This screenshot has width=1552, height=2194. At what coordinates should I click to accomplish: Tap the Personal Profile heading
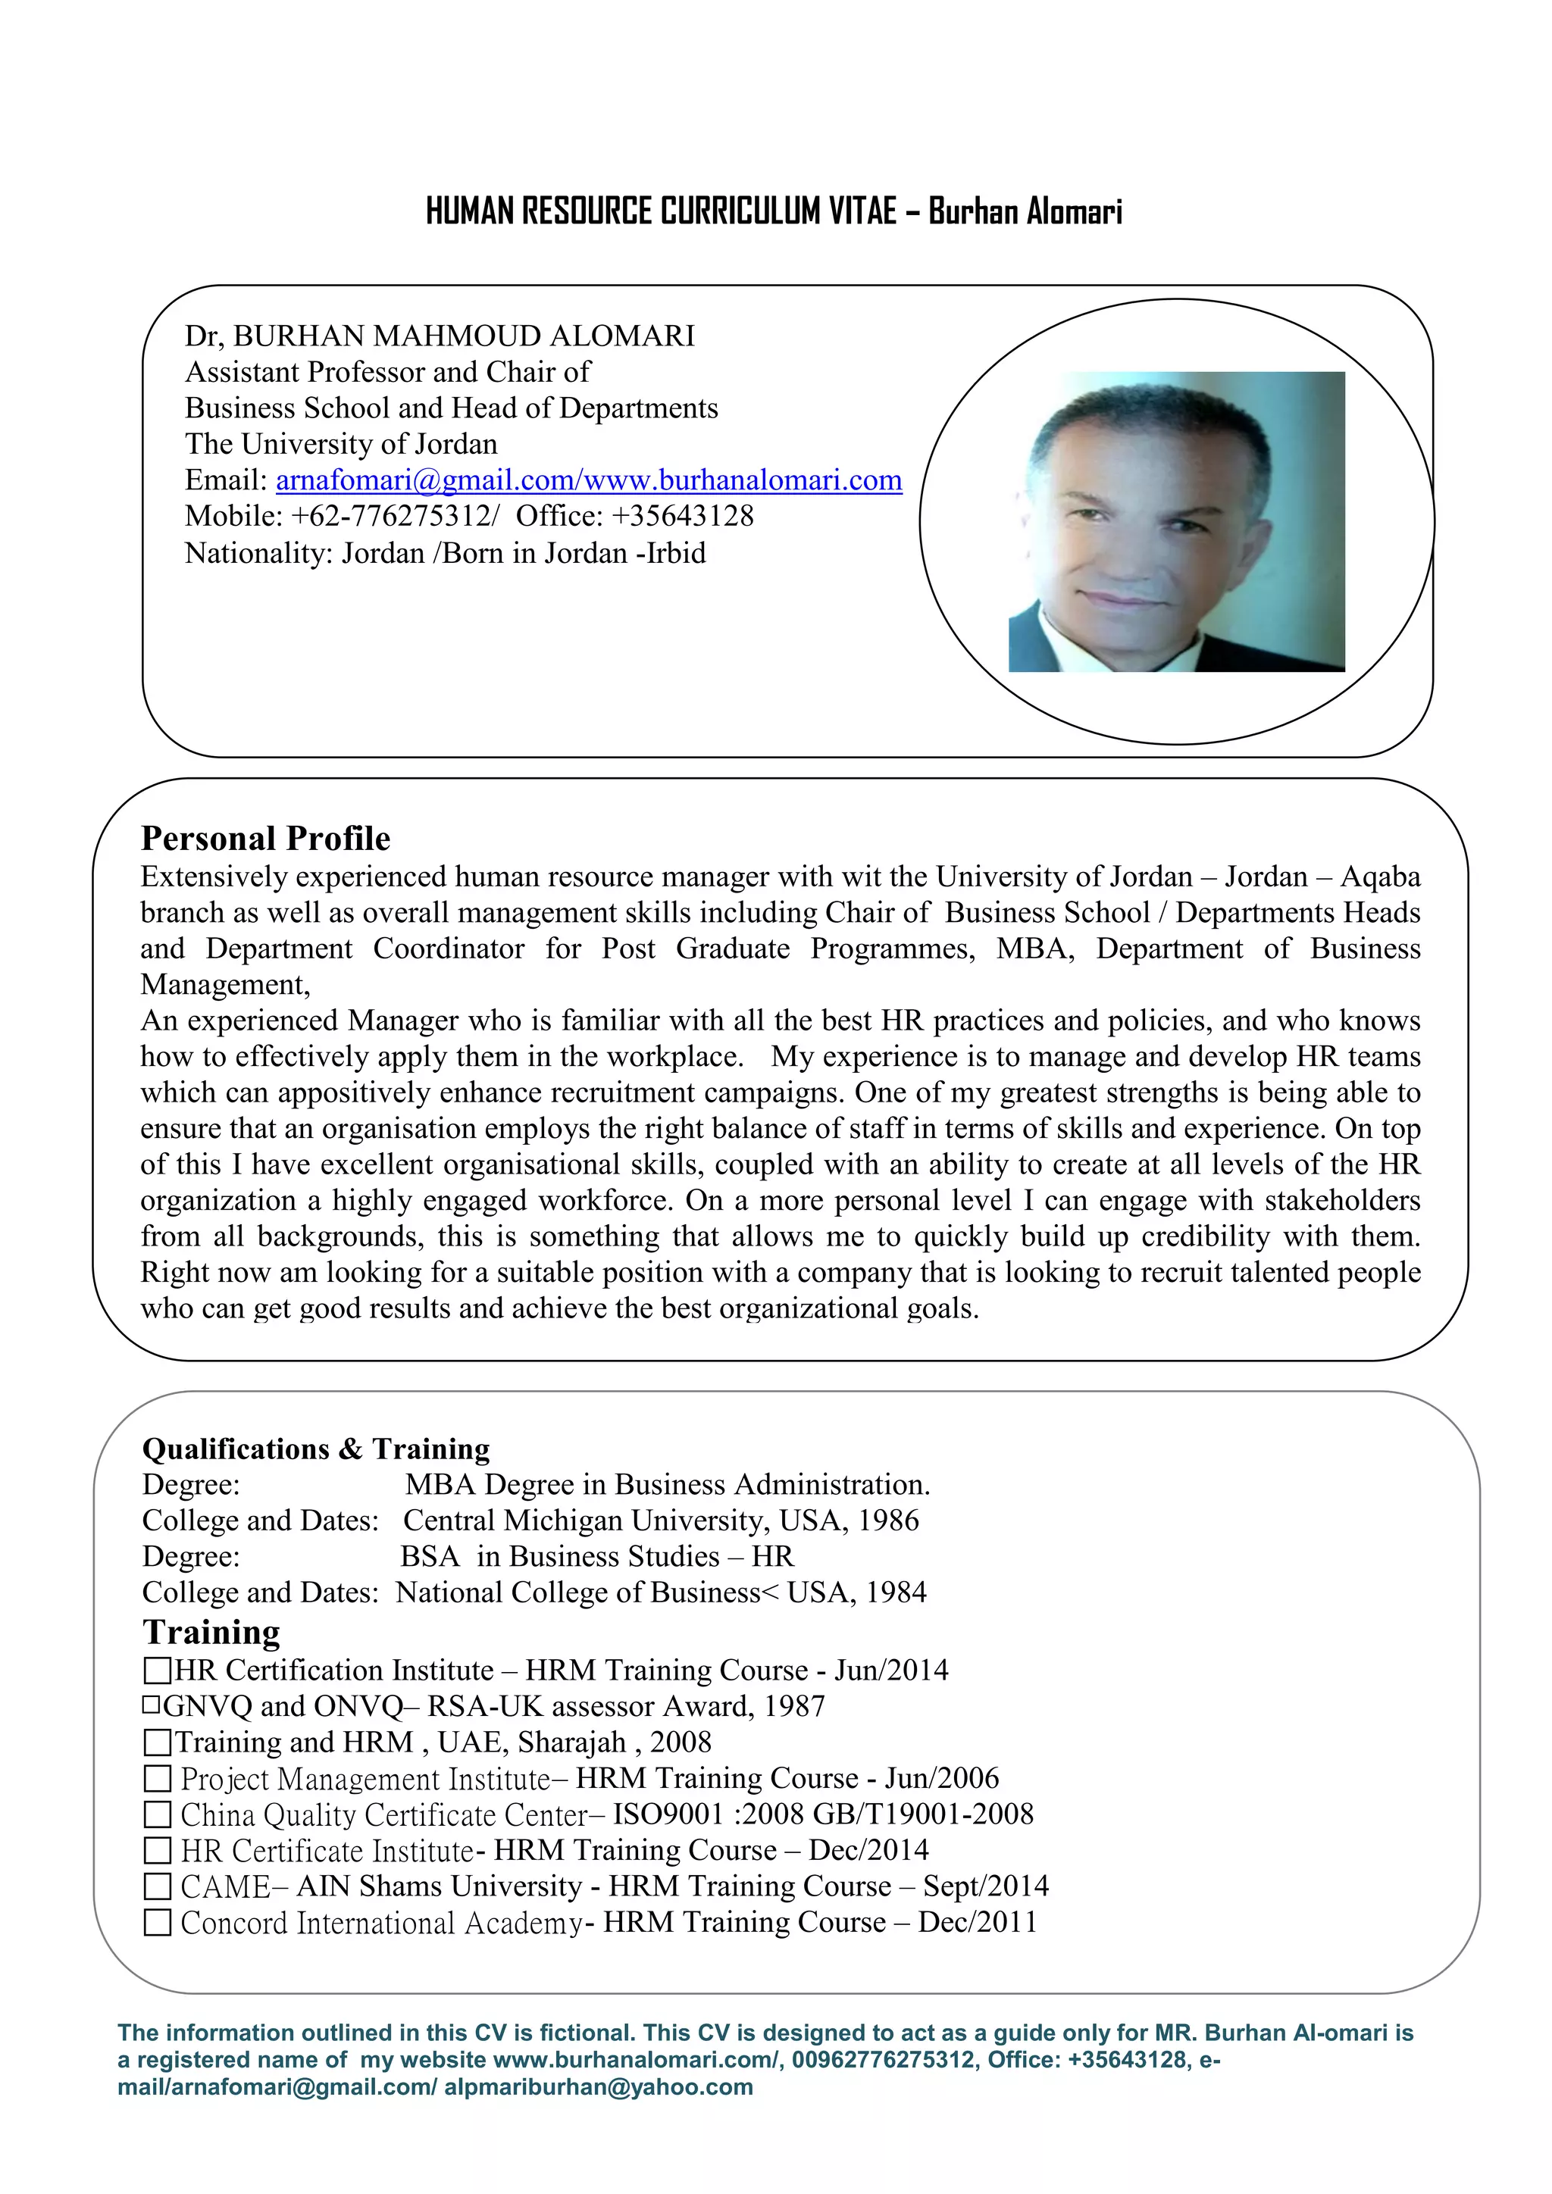(x=266, y=838)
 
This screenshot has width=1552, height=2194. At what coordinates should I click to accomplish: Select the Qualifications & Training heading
(x=315, y=1449)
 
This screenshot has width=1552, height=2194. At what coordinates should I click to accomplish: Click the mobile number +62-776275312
(x=394, y=516)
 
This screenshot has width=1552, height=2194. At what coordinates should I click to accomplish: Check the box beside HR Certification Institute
(x=157, y=1671)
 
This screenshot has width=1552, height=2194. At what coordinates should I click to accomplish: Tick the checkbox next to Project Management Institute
(x=157, y=1780)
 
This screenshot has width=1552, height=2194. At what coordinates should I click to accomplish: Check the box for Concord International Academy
(x=157, y=1923)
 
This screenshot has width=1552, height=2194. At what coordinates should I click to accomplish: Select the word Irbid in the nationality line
(x=676, y=553)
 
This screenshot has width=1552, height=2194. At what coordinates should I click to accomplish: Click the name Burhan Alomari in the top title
(x=1025, y=211)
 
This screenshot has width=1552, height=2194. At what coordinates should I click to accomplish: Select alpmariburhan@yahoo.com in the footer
(x=598, y=2087)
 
